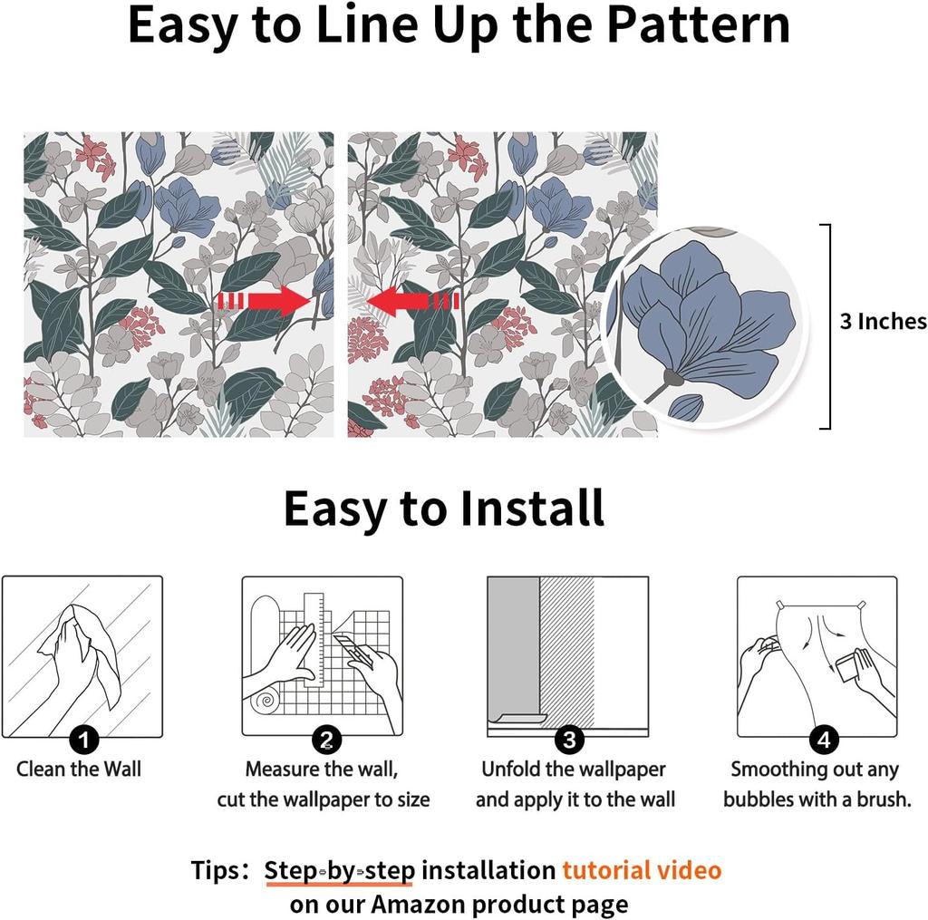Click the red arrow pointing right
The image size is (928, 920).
tap(265, 300)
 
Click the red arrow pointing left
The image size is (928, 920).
tap(412, 300)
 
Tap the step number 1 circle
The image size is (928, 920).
tap(83, 739)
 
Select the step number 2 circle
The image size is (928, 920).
tap(326, 739)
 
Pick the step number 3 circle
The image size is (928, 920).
tap(569, 739)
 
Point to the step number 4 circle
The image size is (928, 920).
tap(824, 739)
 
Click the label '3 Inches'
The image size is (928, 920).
tap(883, 321)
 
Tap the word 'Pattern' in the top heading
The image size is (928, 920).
tap(699, 24)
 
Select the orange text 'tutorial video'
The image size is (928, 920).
tap(642, 870)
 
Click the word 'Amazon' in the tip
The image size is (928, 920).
tap(418, 904)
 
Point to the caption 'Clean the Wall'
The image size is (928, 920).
tap(79, 769)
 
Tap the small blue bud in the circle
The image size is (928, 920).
tap(686, 407)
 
